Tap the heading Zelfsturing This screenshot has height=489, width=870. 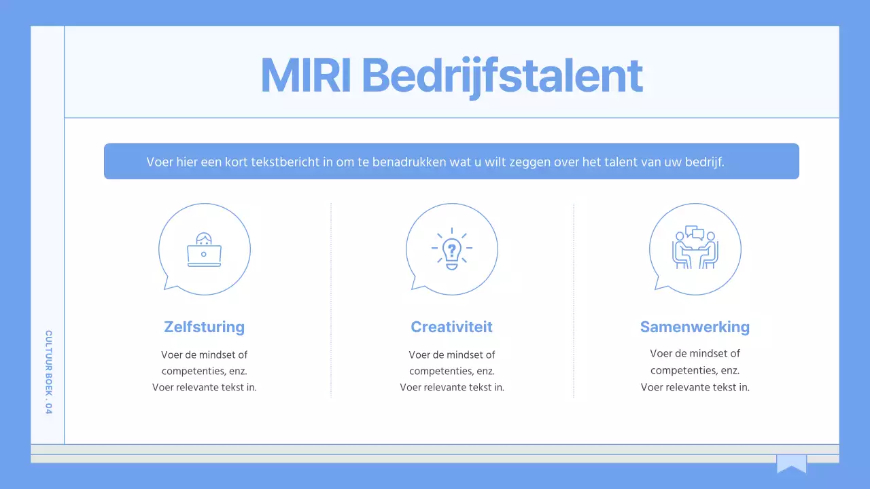(x=204, y=327)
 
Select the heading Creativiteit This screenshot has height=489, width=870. (x=451, y=327)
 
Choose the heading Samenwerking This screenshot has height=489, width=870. (x=695, y=327)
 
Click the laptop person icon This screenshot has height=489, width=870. (x=204, y=250)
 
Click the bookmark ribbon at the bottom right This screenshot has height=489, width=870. (x=791, y=464)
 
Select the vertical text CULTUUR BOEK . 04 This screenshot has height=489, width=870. (x=48, y=372)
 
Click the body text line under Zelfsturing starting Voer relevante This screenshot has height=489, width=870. (x=204, y=387)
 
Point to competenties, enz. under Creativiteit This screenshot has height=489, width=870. (x=451, y=371)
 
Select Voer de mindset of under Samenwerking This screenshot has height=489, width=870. (x=695, y=353)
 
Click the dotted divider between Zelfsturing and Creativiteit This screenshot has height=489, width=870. (x=331, y=299)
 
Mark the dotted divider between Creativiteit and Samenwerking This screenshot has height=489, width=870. (x=574, y=299)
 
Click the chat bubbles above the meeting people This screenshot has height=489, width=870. (x=694, y=232)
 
